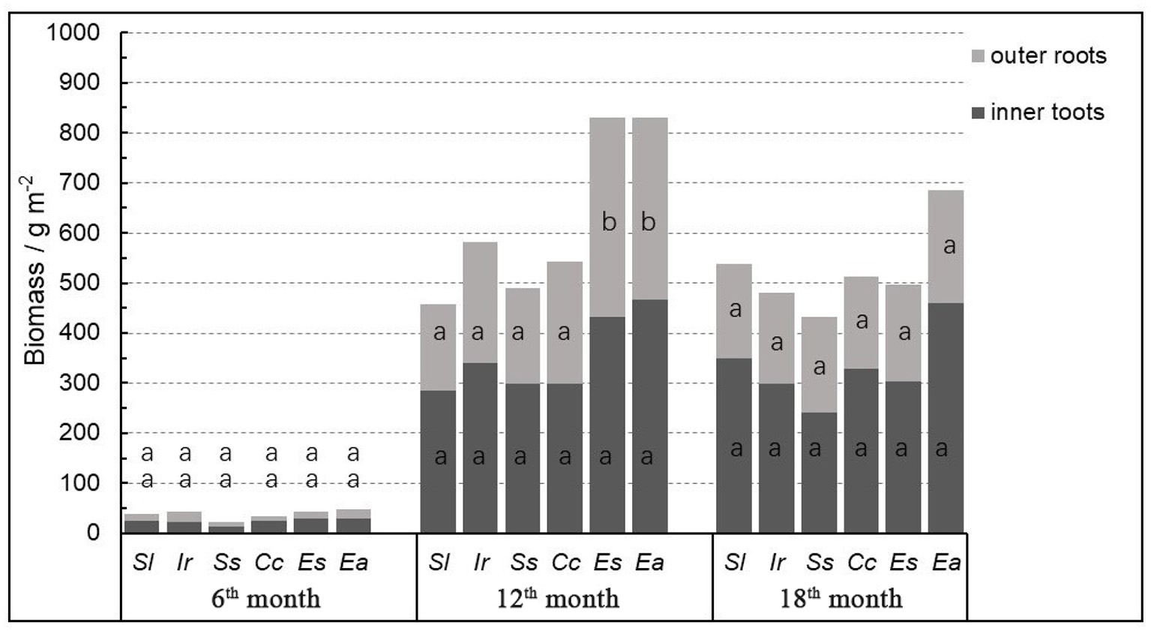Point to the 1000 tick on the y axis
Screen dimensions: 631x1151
click(x=73, y=32)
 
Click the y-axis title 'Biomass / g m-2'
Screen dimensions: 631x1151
click(x=35, y=270)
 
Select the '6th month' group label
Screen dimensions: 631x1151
click(x=266, y=599)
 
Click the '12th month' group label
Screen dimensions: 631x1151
click(x=558, y=599)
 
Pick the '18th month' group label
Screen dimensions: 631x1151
click(x=841, y=599)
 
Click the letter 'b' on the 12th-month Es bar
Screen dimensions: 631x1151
click(x=609, y=222)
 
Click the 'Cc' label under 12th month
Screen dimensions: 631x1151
click(x=565, y=563)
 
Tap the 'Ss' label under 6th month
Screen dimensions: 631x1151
click(x=226, y=563)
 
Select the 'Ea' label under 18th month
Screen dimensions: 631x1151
click(x=946, y=563)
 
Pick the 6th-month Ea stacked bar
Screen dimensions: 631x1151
click(x=353, y=521)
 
